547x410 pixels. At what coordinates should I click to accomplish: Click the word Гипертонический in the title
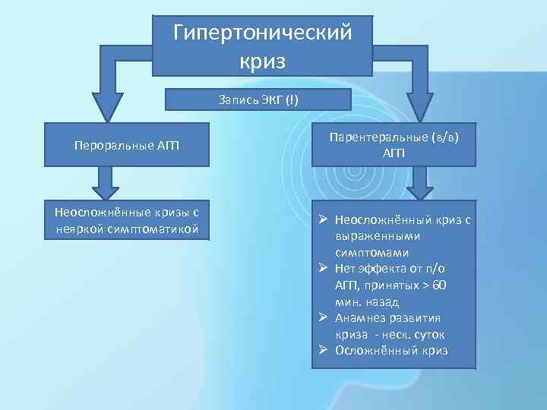point(263,33)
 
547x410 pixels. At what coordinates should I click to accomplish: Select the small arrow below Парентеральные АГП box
point(419,187)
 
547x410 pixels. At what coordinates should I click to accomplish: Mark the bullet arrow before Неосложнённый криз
point(323,219)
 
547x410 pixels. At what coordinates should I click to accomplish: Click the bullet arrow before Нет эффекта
point(323,268)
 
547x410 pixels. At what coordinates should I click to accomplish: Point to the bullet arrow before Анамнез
point(323,317)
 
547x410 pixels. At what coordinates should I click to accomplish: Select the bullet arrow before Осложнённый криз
point(323,350)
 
